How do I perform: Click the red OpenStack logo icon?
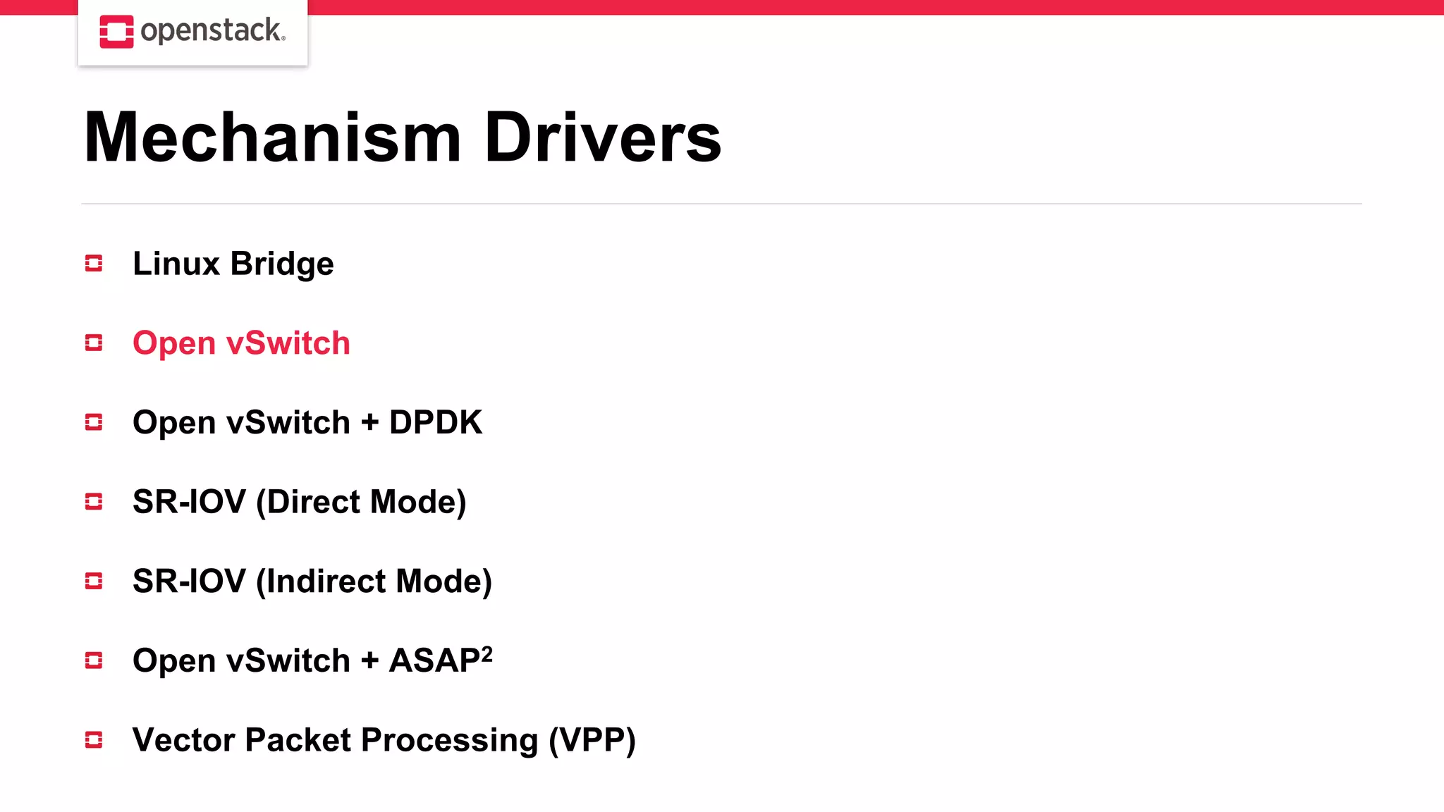(x=116, y=32)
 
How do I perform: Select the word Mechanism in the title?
(x=272, y=137)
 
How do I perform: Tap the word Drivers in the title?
(x=603, y=137)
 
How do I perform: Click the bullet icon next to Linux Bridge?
(x=94, y=264)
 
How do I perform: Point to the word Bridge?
(x=282, y=264)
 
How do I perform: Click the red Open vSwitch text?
(x=241, y=343)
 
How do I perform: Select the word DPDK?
(x=435, y=423)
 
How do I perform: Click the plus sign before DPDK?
(x=369, y=423)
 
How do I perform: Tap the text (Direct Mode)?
(x=361, y=502)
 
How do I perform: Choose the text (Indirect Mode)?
(x=374, y=582)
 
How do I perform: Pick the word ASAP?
(x=434, y=661)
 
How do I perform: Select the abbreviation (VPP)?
(x=592, y=740)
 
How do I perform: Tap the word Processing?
(x=449, y=741)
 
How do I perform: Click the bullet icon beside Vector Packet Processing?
(x=94, y=740)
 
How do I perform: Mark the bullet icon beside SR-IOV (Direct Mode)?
(x=94, y=502)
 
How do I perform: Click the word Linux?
(x=176, y=264)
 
